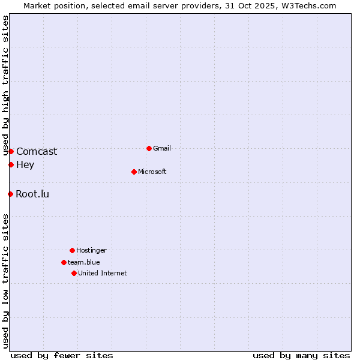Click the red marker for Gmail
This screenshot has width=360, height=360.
[x=149, y=148]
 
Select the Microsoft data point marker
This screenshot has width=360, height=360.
[x=134, y=172]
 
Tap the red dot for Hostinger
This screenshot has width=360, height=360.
[x=72, y=250]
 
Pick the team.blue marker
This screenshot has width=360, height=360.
[x=64, y=262]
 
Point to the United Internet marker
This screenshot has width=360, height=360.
[x=74, y=273]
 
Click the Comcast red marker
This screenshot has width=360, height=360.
[x=11, y=151]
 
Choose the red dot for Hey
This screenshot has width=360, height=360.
[x=11, y=164]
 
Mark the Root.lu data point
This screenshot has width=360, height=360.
[x=10, y=194]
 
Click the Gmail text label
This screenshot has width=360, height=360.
[x=162, y=148]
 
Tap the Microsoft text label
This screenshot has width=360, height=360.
[x=152, y=172]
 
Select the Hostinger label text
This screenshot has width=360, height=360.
[x=91, y=250]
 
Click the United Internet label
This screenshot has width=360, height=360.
[x=103, y=273]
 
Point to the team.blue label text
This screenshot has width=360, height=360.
[x=84, y=262]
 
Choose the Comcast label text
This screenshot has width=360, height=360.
[x=37, y=151]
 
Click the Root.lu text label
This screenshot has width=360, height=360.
[x=32, y=194]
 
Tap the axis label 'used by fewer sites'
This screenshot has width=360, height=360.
[x=62, y=355]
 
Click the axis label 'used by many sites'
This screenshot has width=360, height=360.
[x=301, y=355]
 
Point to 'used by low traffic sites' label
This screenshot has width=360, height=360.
[x=6, y=281]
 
